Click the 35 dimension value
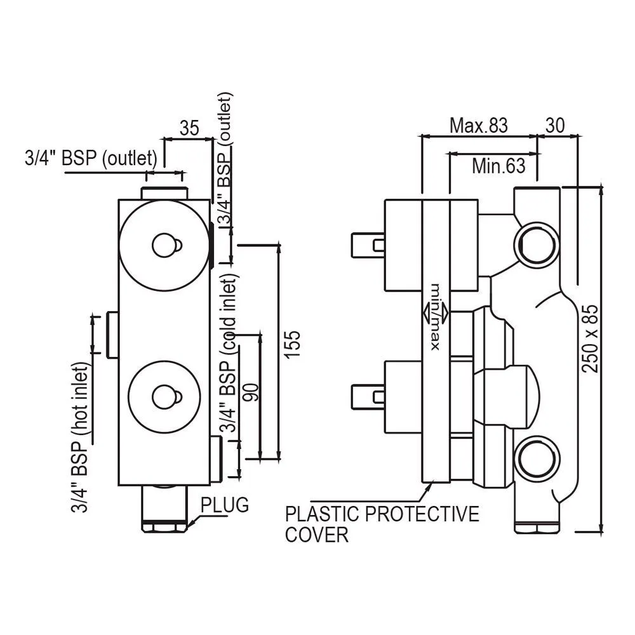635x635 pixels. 189,128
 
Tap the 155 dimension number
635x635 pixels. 292,344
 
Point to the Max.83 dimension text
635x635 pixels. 479,126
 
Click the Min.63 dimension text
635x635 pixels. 498,166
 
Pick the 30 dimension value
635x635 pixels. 555,126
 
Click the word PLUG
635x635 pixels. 225,505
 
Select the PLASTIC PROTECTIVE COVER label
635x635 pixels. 382,524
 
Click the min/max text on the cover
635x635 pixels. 436,317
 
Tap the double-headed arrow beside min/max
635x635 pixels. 436,313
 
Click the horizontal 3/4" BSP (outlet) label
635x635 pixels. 91,158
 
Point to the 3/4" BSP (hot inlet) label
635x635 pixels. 79,437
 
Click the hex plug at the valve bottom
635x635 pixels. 164,526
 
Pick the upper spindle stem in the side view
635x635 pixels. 368,244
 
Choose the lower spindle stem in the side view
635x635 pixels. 368,396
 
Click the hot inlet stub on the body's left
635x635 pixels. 112,335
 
